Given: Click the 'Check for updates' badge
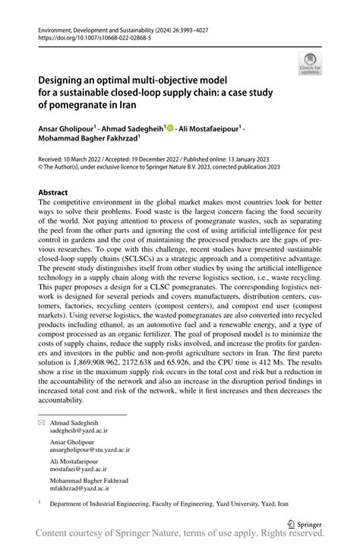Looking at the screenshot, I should point(310,65).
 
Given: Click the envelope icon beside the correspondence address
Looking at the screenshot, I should point(43,421).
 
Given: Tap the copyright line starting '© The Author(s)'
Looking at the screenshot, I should point(148,169).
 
